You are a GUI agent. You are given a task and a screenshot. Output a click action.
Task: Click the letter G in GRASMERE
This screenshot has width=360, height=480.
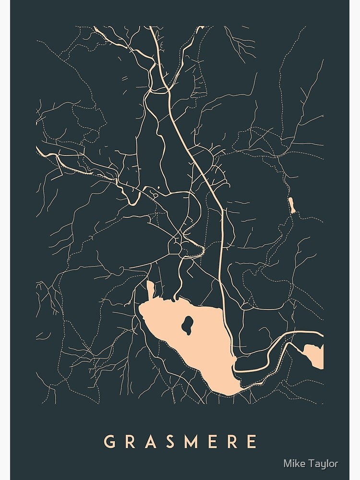pyautogui.click(x=110, y=441)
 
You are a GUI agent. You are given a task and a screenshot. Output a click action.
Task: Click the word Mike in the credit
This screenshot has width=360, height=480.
pyautogui.click(x=293, y=464)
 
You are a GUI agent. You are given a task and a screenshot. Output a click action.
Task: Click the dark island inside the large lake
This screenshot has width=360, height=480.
pyautogui.click(x=187, y=325)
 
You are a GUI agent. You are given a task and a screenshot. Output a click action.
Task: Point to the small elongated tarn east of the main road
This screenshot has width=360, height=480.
pyautogui.click(x=291, y=204)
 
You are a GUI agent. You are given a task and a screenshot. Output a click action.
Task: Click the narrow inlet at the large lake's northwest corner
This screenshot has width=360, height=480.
pyautogui.click(x=150, y=290)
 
